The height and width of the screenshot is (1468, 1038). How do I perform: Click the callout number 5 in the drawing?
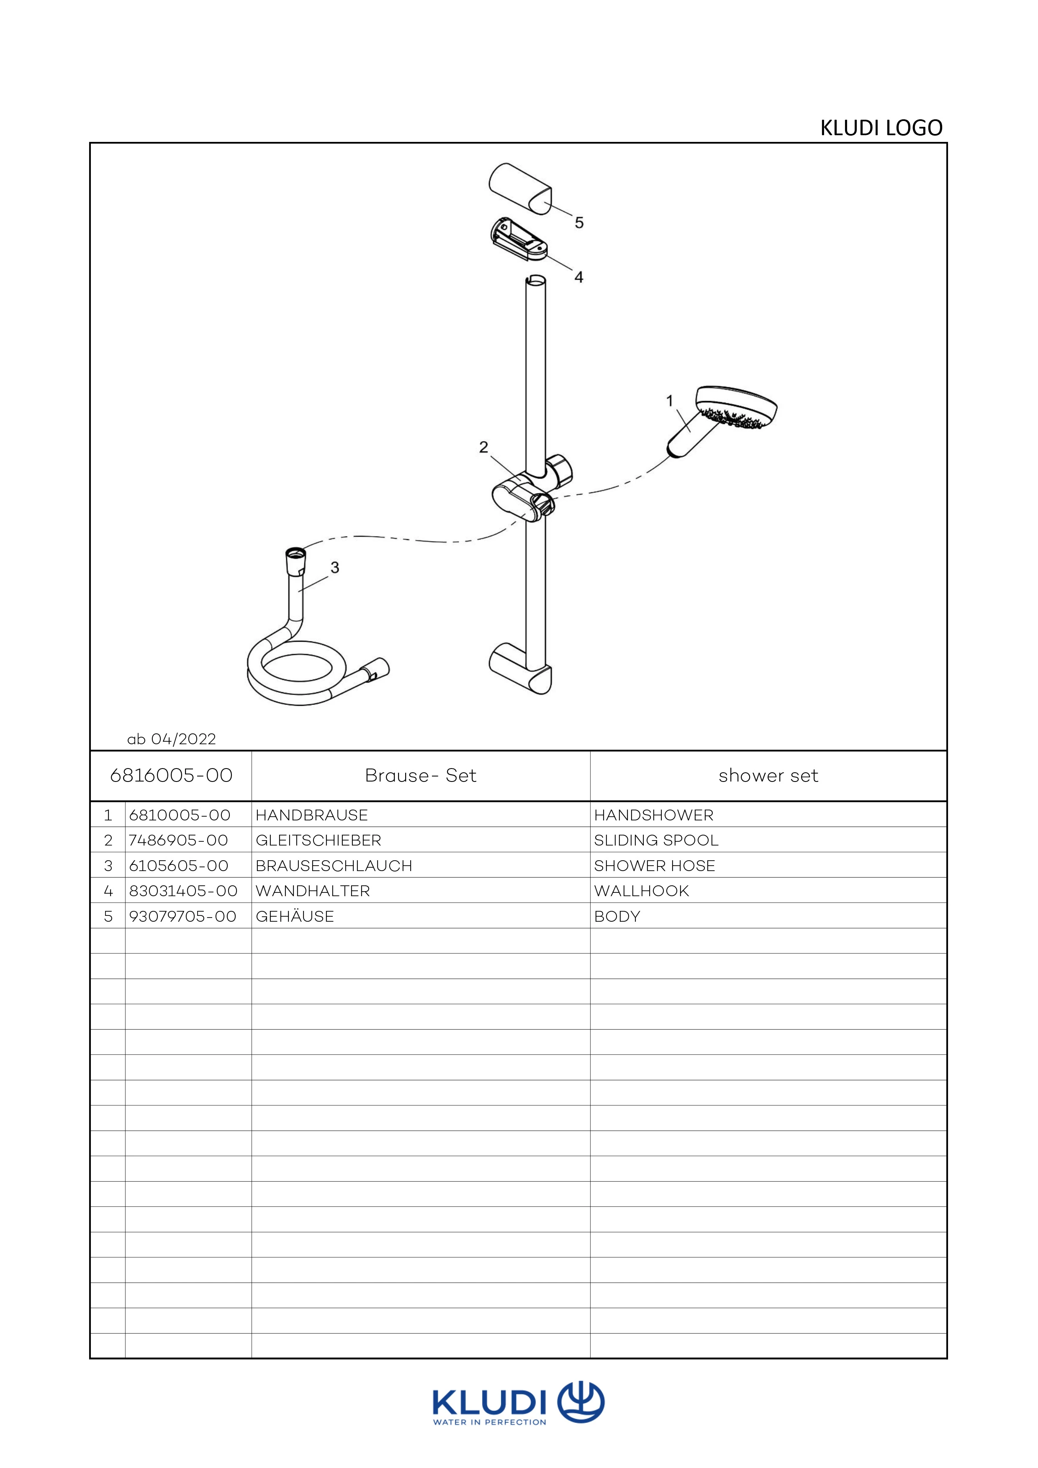(579, 223)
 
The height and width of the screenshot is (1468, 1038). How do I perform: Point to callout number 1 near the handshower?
(670, 401)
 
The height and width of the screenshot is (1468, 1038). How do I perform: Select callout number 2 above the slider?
(484, 447)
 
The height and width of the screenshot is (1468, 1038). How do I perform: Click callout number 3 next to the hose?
(334, 567)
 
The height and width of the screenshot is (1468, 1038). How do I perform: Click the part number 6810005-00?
(180, 815)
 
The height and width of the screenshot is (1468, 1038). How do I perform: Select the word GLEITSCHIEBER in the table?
(318, 840)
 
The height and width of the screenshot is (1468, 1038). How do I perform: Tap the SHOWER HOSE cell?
(655, 866)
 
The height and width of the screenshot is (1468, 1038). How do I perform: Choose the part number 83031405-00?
(183, 891)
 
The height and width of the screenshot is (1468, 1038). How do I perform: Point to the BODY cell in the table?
(617, 916)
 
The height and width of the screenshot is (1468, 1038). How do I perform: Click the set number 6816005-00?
(171, 776)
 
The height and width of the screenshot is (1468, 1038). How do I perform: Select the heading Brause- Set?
(421, 776)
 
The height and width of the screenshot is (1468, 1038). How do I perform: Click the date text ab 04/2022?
(171, 739)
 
